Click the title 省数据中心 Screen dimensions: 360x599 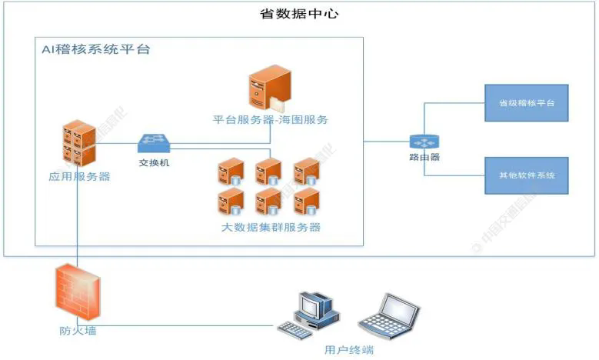tap(299, 14)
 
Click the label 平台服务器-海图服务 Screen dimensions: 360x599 tap(271, 119)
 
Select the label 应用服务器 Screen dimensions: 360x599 tap(79, 176)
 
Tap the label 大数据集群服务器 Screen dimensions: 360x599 tap(271, 227)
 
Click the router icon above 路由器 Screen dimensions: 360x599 tap(424, 142)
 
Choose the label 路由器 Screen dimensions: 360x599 tap(424, 158)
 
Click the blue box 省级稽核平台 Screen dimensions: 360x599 tap(527, 103)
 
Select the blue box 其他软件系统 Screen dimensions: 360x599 tap(527, 175)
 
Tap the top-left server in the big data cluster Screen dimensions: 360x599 tap(231, 171)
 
